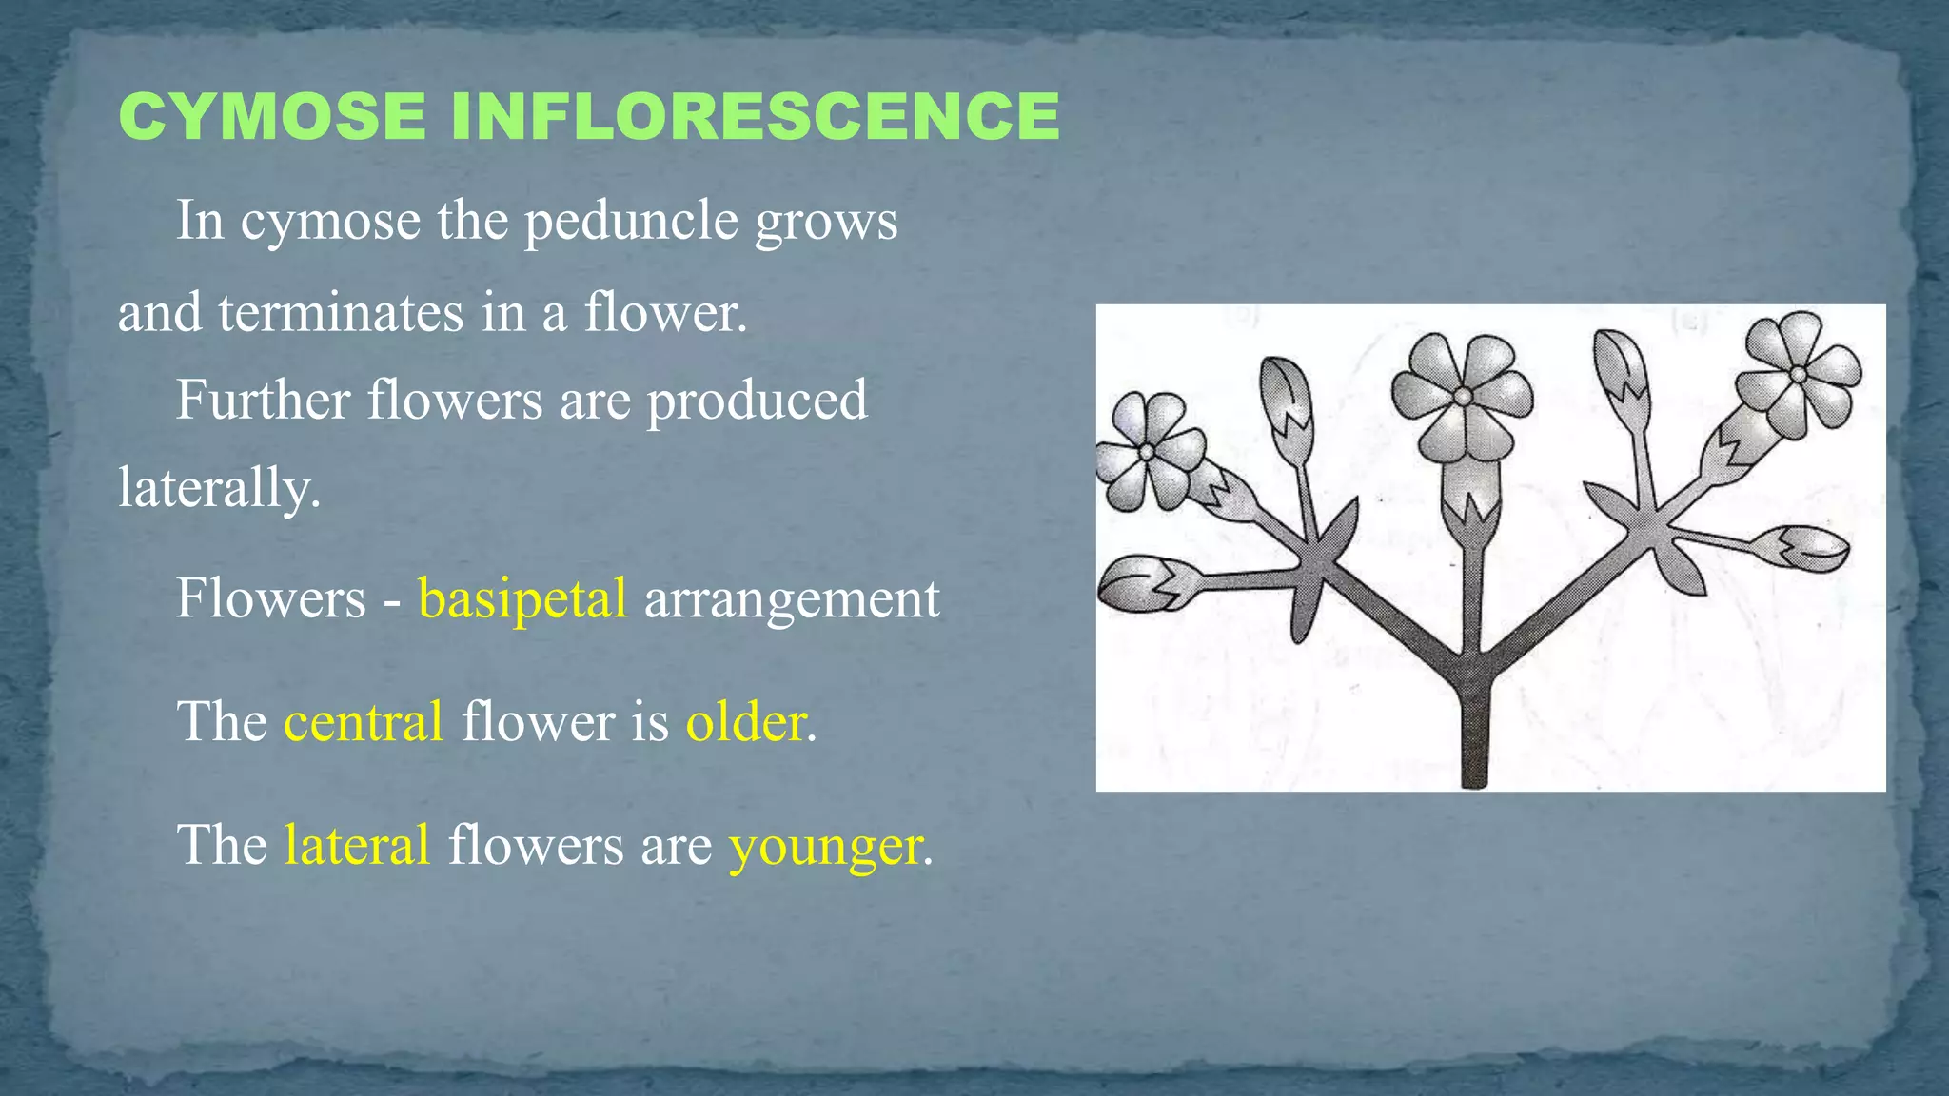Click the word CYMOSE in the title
click(x=272, y=117)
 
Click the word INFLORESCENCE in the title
click(x=755, y=117)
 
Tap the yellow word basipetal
click(x=522, y=598)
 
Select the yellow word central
click(x=364, y=721)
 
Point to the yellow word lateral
click(x=357, y=844)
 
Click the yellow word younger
click(x=825, y=846)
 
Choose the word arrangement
click(x=792, y=598)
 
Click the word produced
click(x=757, y=400)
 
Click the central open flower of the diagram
click(x=1463, y=395)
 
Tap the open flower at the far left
click(x=1149, y=452)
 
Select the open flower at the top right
click(x=1797, y=374)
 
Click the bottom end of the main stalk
click(x=1473, y=775)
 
